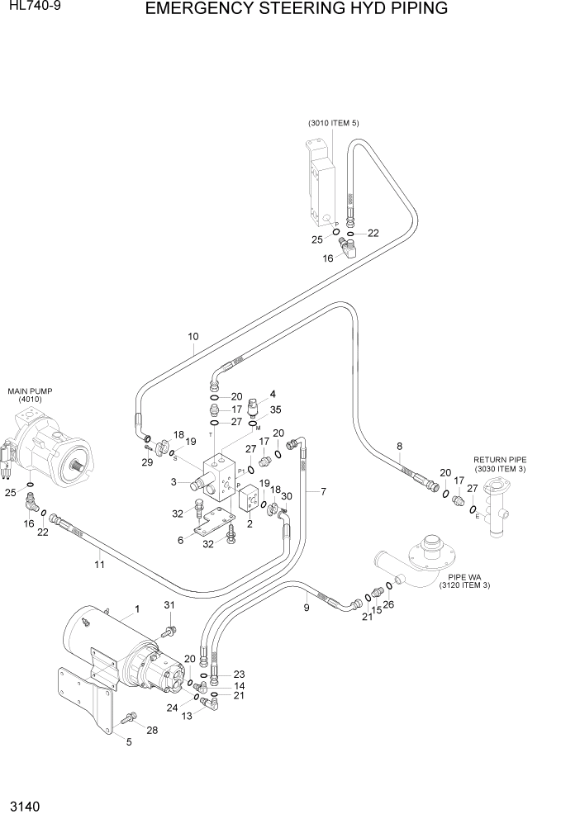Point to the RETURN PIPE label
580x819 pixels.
[499, 460]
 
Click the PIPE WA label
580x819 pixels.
[468, 577]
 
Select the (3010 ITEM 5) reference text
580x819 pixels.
[334, 123]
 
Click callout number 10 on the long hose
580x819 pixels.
[193, 336]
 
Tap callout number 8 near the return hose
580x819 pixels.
[399, 447]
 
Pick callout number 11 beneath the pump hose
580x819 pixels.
[99, 565]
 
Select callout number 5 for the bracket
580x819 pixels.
[128, 742]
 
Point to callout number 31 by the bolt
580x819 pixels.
[169, 607]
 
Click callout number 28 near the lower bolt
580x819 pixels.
[151, 730]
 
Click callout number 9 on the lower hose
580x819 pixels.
[306, 608]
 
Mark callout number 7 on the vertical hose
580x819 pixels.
[323, 491]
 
